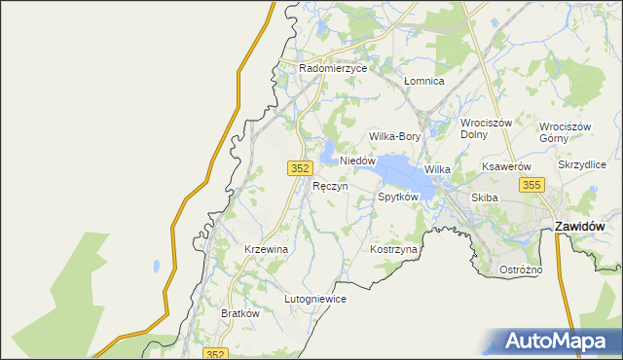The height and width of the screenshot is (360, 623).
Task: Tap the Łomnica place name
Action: (423, 82)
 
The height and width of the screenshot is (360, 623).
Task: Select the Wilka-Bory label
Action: (394, 137)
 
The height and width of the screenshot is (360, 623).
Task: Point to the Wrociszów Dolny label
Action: (487, 129)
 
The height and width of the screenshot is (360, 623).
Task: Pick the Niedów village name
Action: (357, 161)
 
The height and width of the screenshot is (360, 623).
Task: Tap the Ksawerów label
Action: (505, 167)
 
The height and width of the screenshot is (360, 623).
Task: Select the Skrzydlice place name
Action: (582, 165)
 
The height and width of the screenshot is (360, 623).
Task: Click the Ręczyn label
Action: (330, 185)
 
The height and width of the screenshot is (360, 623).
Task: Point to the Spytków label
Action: (397, 197)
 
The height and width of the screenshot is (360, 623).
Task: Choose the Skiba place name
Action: (484, 198)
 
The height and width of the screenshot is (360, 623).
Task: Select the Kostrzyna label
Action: (393, 250)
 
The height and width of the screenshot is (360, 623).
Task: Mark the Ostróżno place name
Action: (520, 269)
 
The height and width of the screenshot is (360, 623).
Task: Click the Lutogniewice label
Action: (314, 299)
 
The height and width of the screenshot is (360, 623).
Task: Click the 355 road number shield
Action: (531, 184)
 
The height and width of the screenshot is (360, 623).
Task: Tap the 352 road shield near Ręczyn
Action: (300, 168)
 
